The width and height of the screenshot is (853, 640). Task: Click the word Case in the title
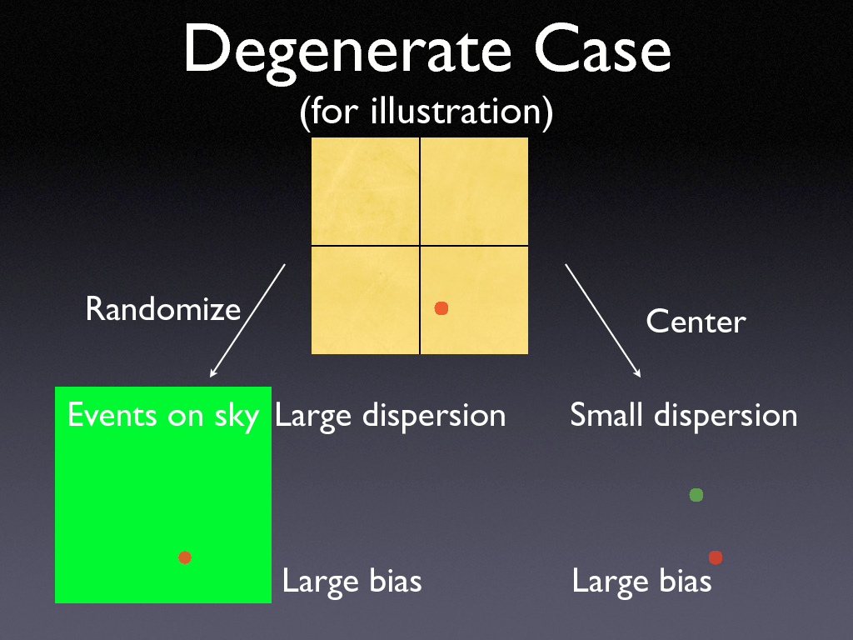pyautogui.click(x=602, y=50)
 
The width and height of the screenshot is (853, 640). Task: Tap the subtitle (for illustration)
pyautogui.click(x=426, y=112)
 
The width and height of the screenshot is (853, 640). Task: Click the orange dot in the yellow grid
pyautogui.click(x=441, y=308)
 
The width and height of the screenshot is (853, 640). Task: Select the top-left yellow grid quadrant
pyautogui.click(x=365, y=191)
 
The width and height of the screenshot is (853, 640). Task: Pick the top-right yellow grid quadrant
pyautogui.click(x=474, y=191)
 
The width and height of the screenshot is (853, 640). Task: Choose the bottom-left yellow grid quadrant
pyautogui.click(x=365, y=300)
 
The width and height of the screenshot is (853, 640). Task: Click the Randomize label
pyautogui.click(x=162, y=310)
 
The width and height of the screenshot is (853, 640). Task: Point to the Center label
pyautogui.click(x=696, y=322)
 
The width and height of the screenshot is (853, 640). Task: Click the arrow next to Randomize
pyautogui.click(x=248, y=320)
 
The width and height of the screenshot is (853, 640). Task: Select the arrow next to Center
pyautogui.click(x=603, y=320)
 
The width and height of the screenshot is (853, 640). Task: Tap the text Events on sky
pyautogui.click(x=162, y=415)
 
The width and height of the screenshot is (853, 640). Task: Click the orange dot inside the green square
pyautogui.click(x=185, y=557)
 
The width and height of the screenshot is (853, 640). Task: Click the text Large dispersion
pyautogui.click(x=390, y=415)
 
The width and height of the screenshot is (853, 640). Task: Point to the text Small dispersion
pyautogui.click(x=683, y=415)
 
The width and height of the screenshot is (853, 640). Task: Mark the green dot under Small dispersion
pyautogui.click(x=696, y=495)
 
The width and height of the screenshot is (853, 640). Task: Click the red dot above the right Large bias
pyautogui.click(x=715, y=557)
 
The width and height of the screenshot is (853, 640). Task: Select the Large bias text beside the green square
pyautogui.click(x=352, y=581)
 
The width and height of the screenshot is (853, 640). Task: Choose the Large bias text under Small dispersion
pyautogui.click(x=641, y=581)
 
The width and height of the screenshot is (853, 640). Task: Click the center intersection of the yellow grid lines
pyautogui.click(x=420, y=246)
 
